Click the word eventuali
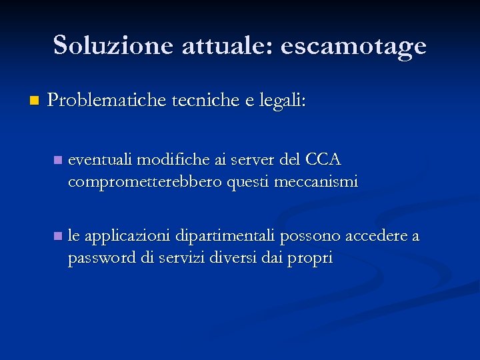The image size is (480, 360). point(101,160)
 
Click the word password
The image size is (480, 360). point(101,257)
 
